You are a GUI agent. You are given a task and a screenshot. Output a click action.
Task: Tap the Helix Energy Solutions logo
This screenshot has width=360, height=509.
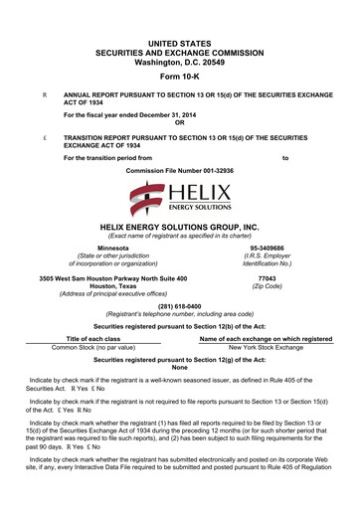(x=180, y=202)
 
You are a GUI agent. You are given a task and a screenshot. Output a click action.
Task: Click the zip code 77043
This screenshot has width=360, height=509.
(x=267, y=279)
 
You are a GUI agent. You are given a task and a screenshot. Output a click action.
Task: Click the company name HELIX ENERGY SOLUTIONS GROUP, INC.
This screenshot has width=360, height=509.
(x=180, y=227)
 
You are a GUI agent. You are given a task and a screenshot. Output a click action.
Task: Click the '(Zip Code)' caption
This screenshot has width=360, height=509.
(x=267, y=287)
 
